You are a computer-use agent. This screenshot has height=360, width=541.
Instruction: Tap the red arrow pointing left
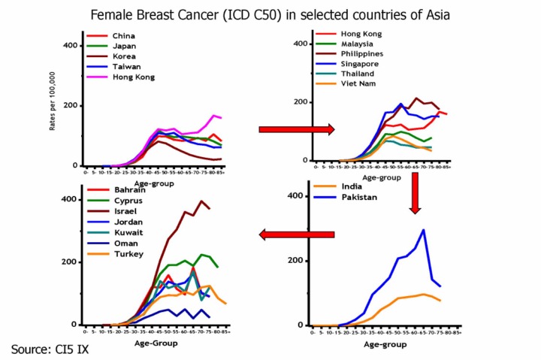(x=297, y=235)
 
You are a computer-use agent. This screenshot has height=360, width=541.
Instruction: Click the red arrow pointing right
(x=296, y=129)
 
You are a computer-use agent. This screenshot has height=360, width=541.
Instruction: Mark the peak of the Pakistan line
(x=424, y=230)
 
